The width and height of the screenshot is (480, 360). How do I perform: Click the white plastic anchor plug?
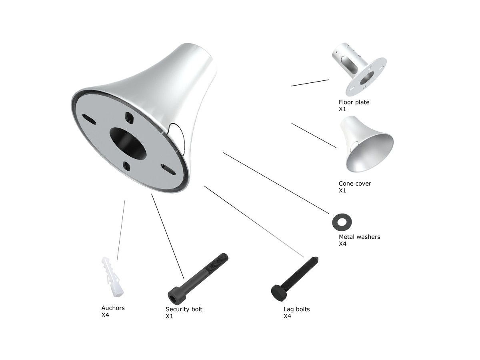pyautogui.click(x=112, y=276)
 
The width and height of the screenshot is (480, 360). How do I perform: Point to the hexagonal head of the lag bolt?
pyautogui.click(x=278, y=293)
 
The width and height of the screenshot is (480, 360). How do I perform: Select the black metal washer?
pyautogui.click(x=342, y=222)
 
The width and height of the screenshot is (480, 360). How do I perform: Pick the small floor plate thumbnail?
pyautogui.click(x=359, y=69)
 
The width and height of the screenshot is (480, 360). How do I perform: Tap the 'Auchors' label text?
pyautogui.click(x=113, y=308)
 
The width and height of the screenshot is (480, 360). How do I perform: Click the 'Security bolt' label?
pyautogui.click(x=184, y=309)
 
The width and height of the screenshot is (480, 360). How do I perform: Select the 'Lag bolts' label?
pyautogui.click(x=296, y=309)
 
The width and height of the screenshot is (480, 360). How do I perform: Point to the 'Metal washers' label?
pyautogui.click(x=359, y=237)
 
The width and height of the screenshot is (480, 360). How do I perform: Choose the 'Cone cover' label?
pyautogui.click(x=355, y=183)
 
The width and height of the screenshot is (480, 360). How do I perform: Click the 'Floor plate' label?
pyautogui.click(x=354, y=102)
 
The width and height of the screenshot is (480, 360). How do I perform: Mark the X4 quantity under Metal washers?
pyautogui.click(x=342, y=244)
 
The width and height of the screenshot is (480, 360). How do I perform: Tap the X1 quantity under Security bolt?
pyautogui.click(x=169, y=316)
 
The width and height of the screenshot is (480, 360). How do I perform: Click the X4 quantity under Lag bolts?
pyautogui.click(x=287, y=316)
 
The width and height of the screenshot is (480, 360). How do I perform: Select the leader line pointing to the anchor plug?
pyautogui.click(x=121, y=230)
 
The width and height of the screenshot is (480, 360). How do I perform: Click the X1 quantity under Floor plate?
pyautogui.click(x=342, y=109)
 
